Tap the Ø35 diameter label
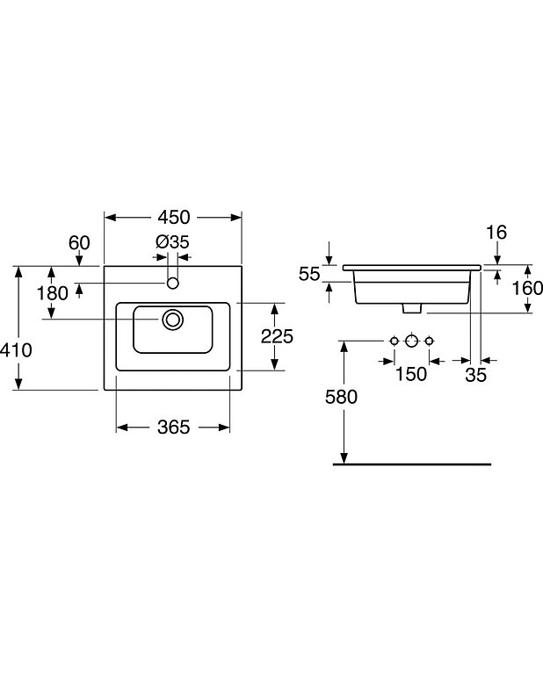click(x=172, y=242)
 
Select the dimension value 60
click(x=80, y=242)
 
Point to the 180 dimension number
click(x=52, y=293)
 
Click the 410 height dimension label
click(x=16, y=349)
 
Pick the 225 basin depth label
click(x=277, y=336)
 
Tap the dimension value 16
click(x=496, y=233)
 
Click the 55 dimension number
click(x=308, y=273)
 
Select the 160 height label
click(x=527, y=287)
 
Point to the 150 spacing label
click(x=410, y=374)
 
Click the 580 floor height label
click(x=342, y=397)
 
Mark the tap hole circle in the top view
click(x=173, y=283)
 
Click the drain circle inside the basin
click(x=173, y=319)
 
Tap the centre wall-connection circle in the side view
click(x=411, y=341)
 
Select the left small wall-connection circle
click(x=395, y=341)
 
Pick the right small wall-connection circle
click(x=429, y=341)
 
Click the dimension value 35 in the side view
click(x=474, y=374)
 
